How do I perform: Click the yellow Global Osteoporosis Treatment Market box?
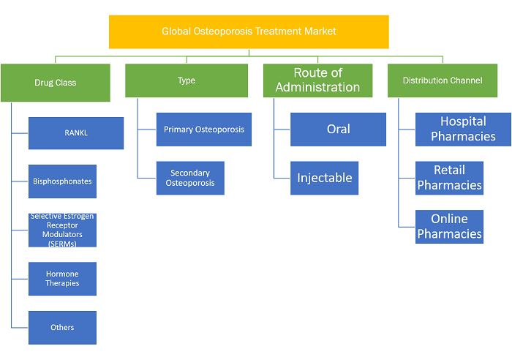pos(249,32)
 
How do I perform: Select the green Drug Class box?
pos(56,83)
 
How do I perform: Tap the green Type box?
pos(187,80)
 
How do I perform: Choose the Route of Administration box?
pos(317,80)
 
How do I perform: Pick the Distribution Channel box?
pos(443,80)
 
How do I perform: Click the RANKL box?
pos(76,133)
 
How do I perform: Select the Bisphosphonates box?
pos(62,181)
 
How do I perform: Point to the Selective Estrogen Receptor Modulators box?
pos(62,230)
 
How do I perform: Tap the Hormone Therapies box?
pos(62,279)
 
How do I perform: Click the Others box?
pos(62,328)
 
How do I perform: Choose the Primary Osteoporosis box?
pos(204,130)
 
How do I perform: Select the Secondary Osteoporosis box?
pos(190,178)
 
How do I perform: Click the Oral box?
pos(338,130)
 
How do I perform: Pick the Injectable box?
pos(324,178)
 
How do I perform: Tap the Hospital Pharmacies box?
pos(463,130)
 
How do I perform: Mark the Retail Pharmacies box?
pos(449,178)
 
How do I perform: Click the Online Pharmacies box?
pos(449,227)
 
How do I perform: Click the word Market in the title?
pos(320,31)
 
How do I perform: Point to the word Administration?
pos(317,87)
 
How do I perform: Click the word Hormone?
pos(62,274)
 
